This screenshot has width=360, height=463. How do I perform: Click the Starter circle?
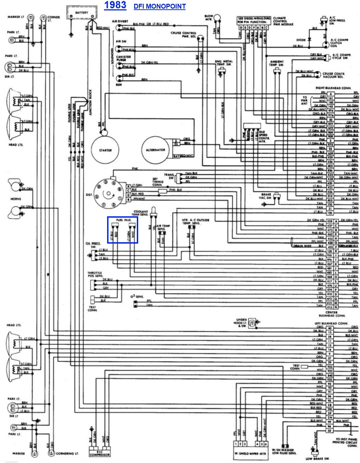[x=105, y=150]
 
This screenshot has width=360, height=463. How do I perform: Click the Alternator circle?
[x=156, y=150]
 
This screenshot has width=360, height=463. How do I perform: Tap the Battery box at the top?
[x=82, y=12]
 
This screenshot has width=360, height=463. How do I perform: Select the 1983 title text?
[x=115, y=6]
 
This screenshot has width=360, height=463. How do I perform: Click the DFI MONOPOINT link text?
[x=160, y=7]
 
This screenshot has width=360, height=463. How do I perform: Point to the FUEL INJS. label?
[x=123, y=220]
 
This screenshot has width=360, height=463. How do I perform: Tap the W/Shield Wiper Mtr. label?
[x=251, y=453]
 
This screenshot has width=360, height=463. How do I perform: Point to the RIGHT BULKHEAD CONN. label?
[x=333, y=88]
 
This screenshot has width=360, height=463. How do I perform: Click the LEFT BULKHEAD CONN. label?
[x=331, y=323]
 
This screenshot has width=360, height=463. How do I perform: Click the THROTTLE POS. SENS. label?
[x=95, y=275]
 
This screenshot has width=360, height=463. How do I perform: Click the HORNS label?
[x=16, y=199]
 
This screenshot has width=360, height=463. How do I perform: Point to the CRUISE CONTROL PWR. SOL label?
[x=183, y=34]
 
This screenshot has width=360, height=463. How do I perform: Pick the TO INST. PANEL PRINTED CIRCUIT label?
[x=344, y=442]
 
